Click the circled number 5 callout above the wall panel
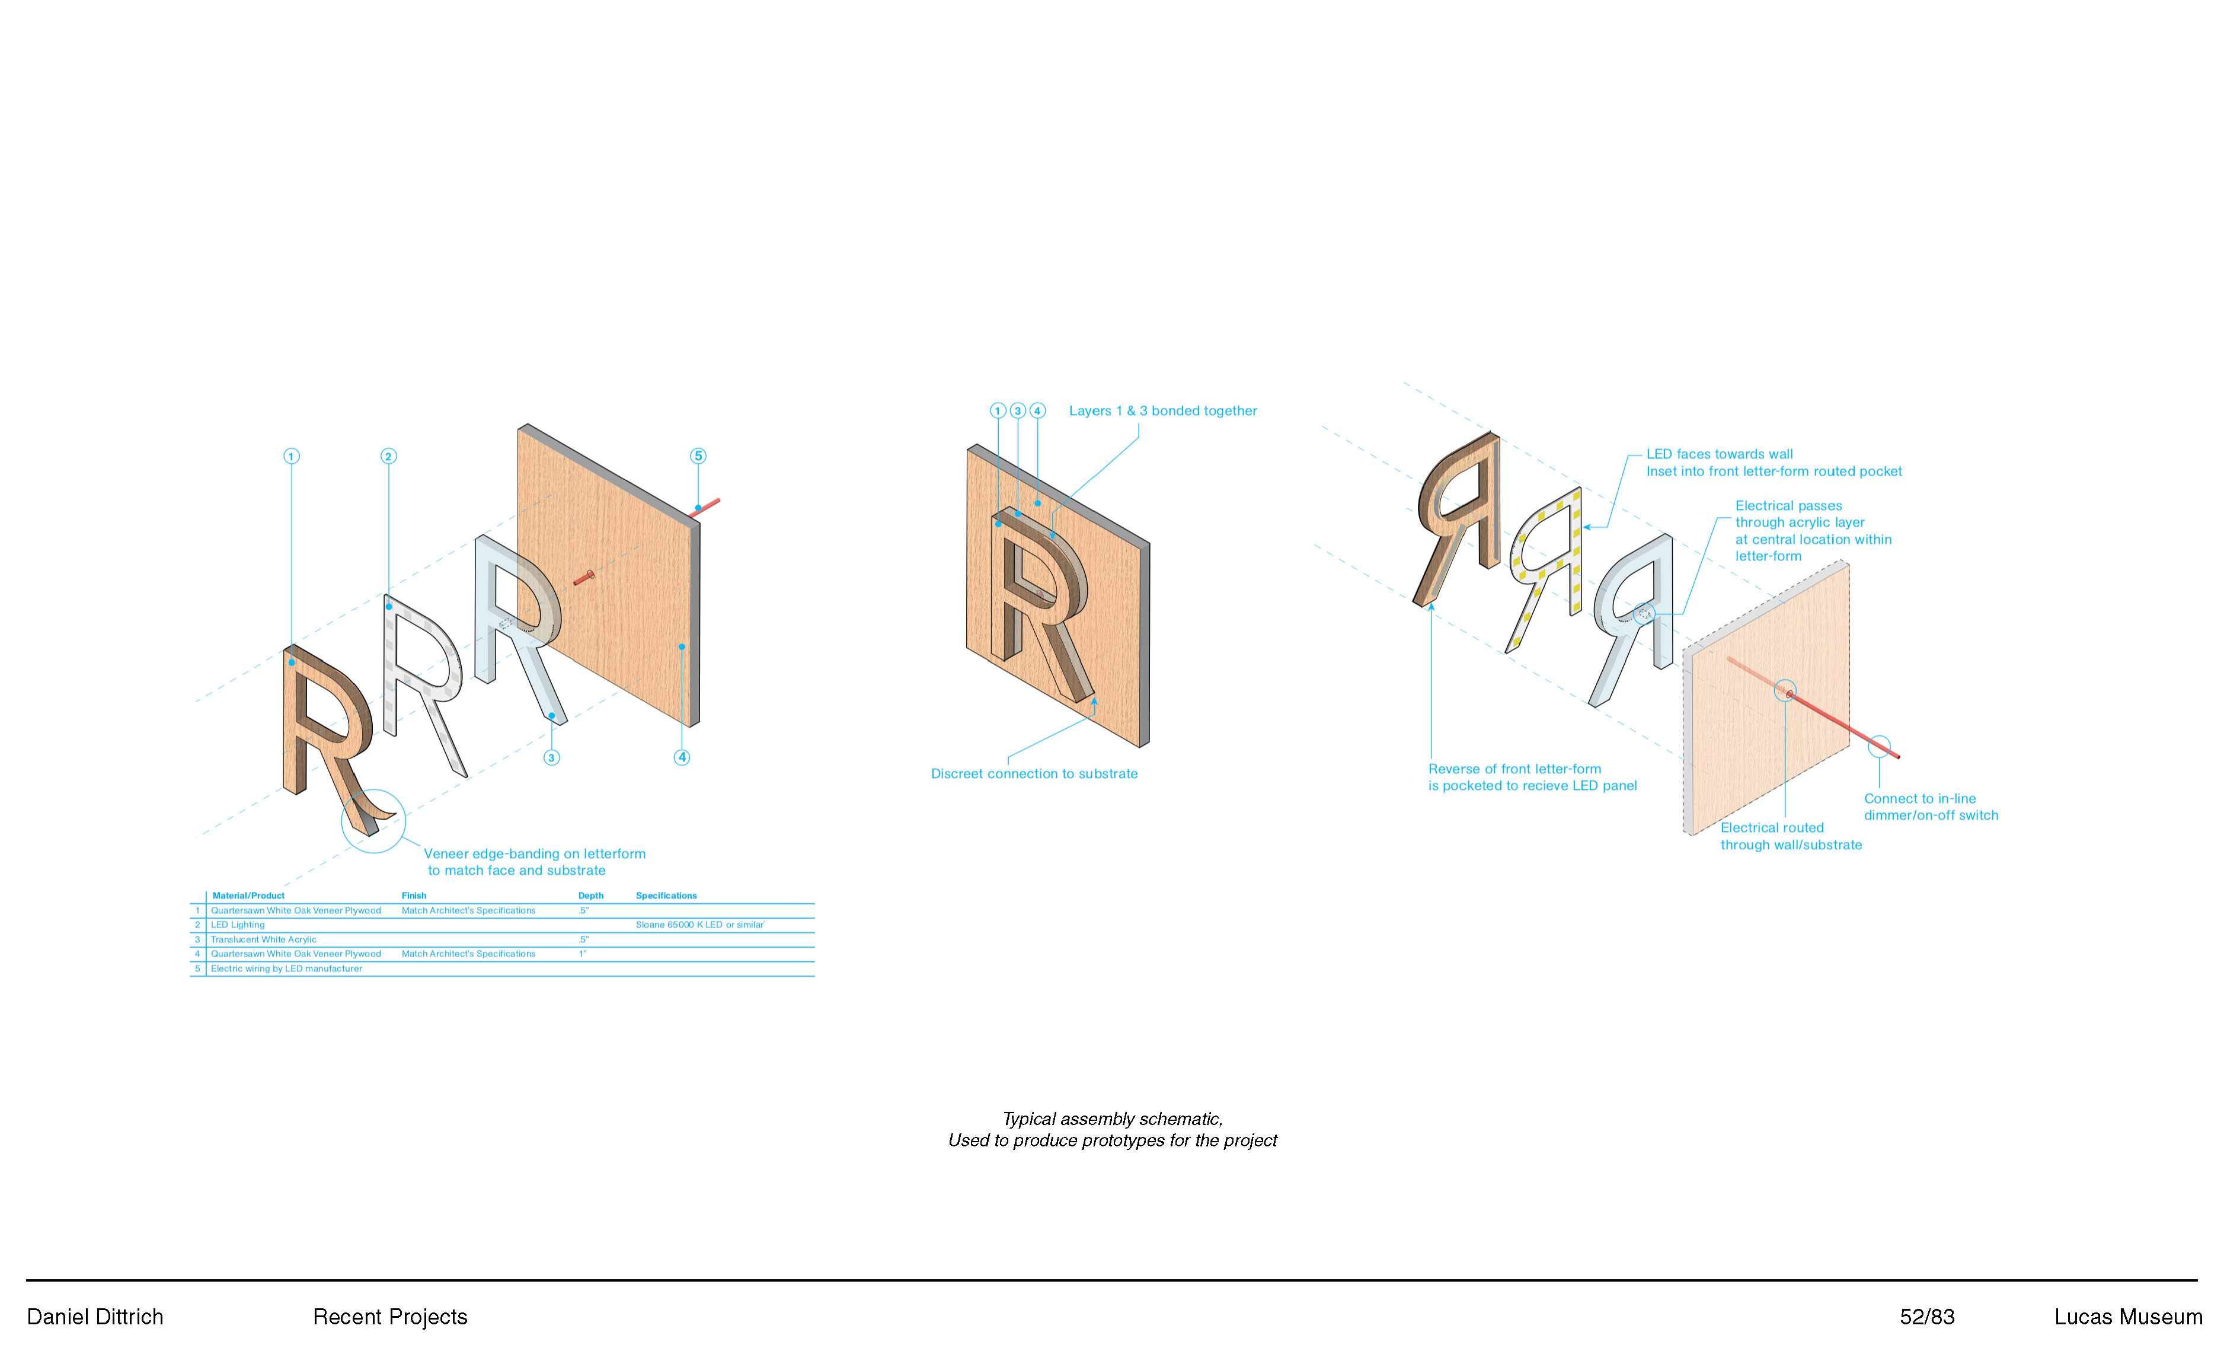698,456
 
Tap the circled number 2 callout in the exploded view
388,456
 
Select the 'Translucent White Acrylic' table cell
264,939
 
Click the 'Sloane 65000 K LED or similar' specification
699,925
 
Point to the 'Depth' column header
590,896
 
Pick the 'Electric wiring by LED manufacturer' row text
286,968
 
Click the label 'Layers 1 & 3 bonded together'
1162,411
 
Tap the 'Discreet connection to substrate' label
1034,774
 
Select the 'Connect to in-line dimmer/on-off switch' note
1930,807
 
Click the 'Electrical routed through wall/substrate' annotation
1790,836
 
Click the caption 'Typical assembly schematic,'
1112,1119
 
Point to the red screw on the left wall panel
584,576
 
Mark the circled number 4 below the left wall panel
682,758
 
